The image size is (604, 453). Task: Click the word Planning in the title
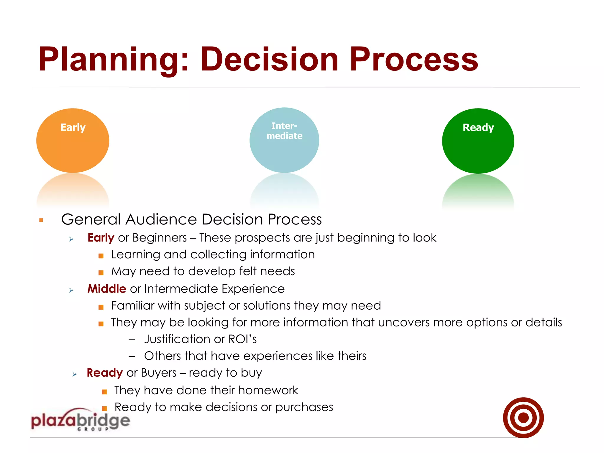pyautogui.click(x=109, y=60)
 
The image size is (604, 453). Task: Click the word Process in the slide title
pyautogui.click(x=413, y=60)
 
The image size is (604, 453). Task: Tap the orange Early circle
pyautogui.click(x=73, y=141)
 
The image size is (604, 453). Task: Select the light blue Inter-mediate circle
pyautogui.click(x=284, y=140)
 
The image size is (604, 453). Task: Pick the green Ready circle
pyautogui.click(x=478, y=141)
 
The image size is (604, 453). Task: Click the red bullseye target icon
pyautogui.click(x=523, y=418)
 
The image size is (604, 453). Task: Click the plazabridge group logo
pyautogui.click(x=80, y=420)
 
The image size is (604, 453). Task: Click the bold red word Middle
pyautogui.click(x=107, y=289)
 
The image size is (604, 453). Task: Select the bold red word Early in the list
pyautogui.click(x=101, y=238)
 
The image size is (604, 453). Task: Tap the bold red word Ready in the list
pyautogui.click(x=104, y=373)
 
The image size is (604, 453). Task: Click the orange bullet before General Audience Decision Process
pyautogui.click(x=41, y=220)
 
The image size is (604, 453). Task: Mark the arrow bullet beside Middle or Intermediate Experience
pyautogui.click(x=71, y=290)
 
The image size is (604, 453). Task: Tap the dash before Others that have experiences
pyautogui.click(x=132, y=357)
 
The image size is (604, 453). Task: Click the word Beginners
pyautogui.click(x=160, y=238)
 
